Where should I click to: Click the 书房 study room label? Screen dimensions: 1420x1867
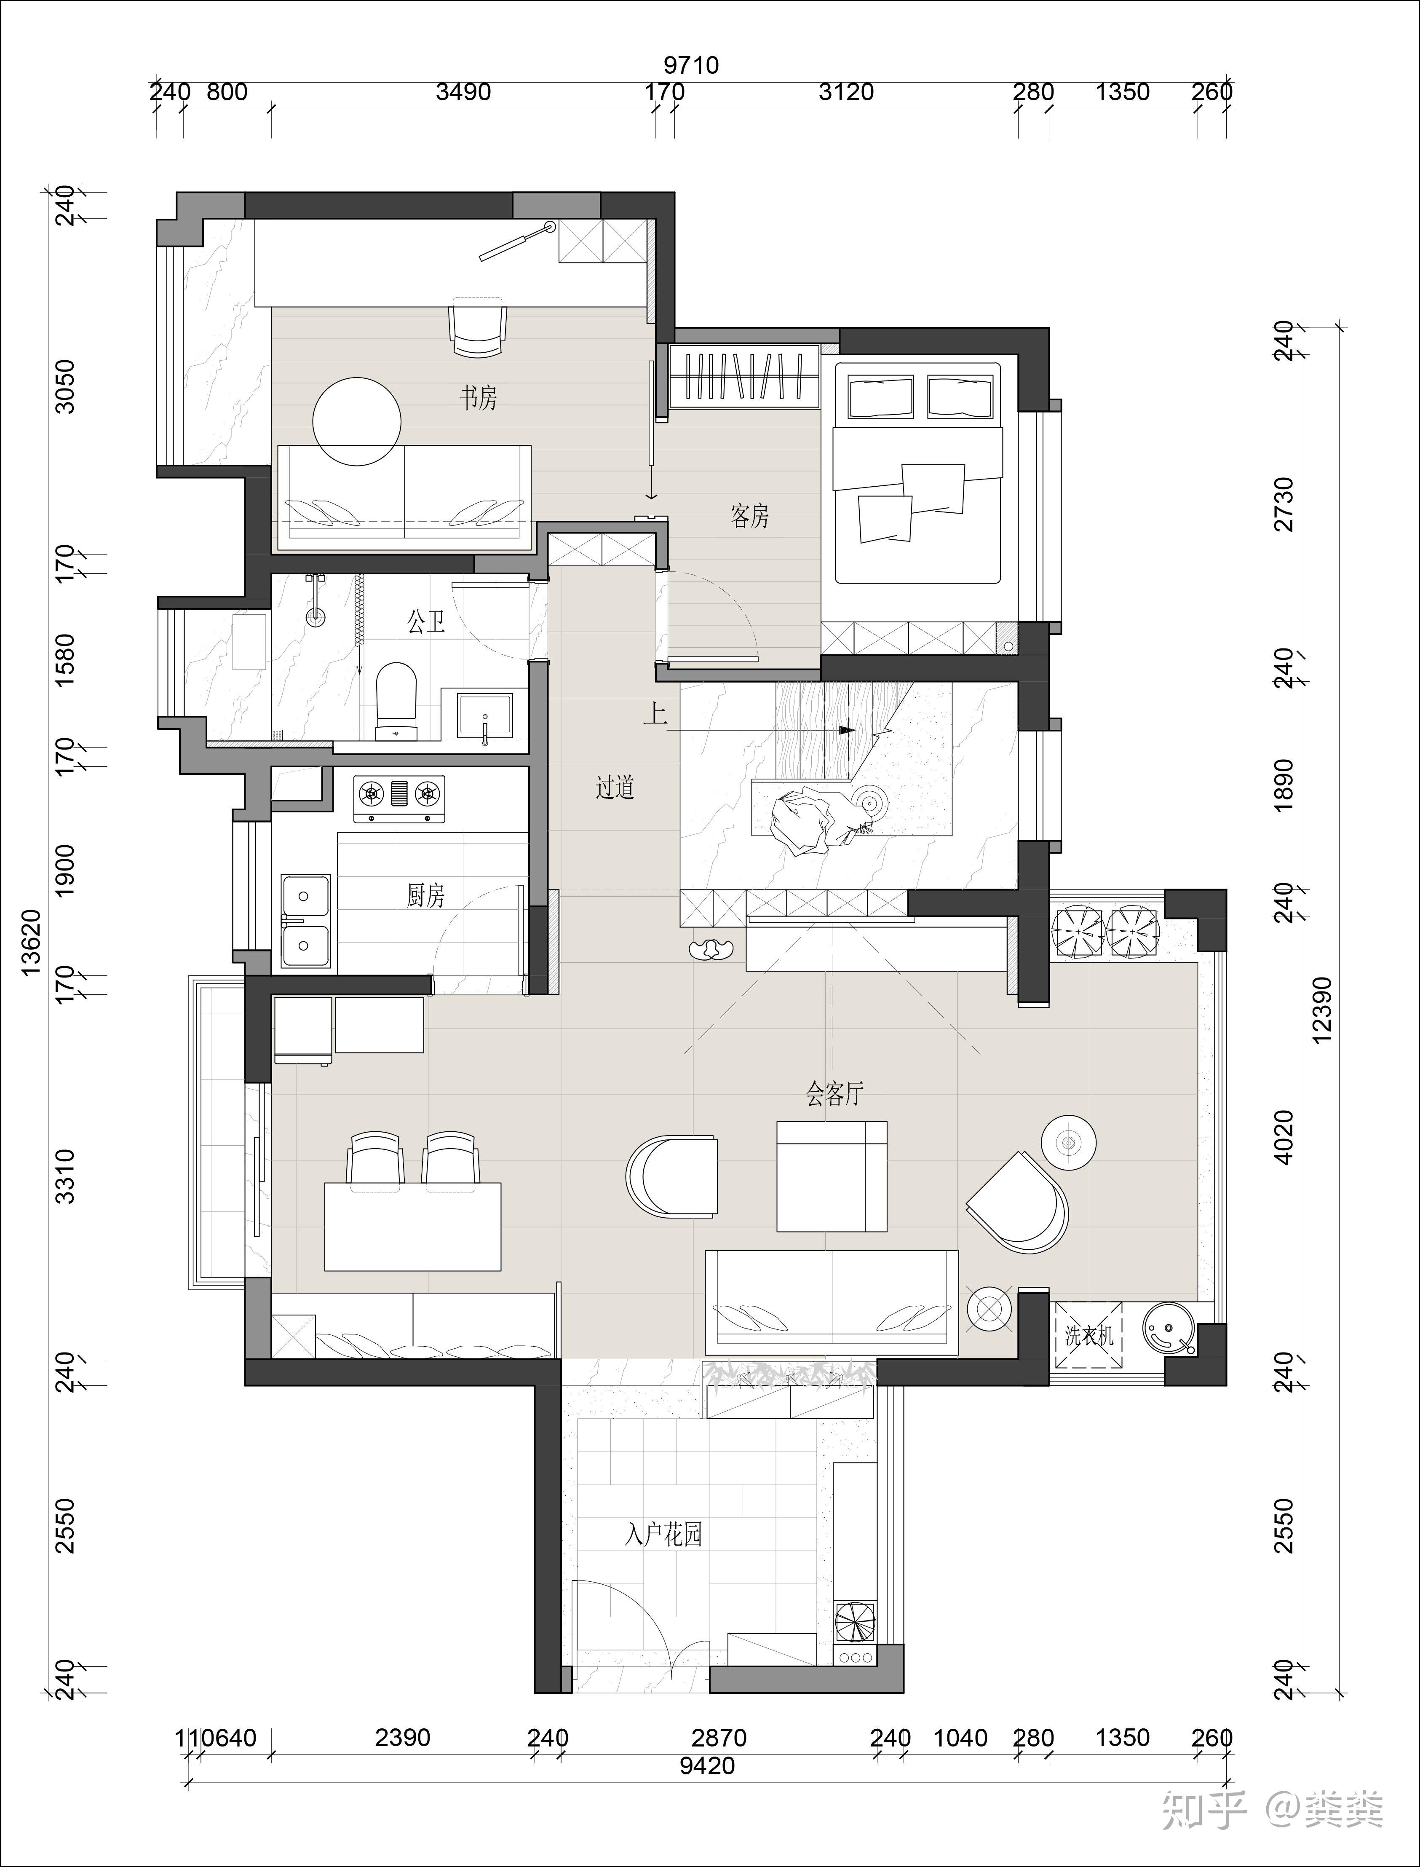[x=479, y=397]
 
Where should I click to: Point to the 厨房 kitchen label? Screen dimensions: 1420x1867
[x=425, y=895]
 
